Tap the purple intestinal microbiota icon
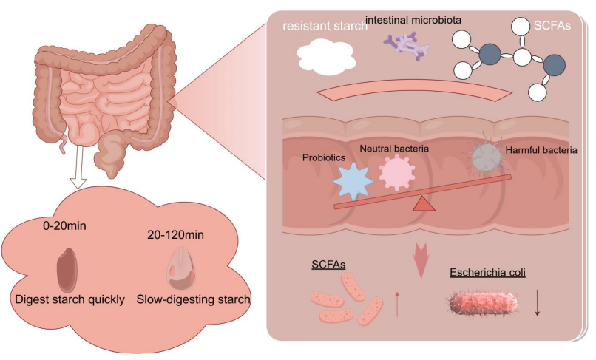click(x=404, y=45)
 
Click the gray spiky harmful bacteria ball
click(x=486, y=157)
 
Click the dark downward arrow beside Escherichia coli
click(x=538, y=302)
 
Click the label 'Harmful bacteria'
click(x=541, y=151)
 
